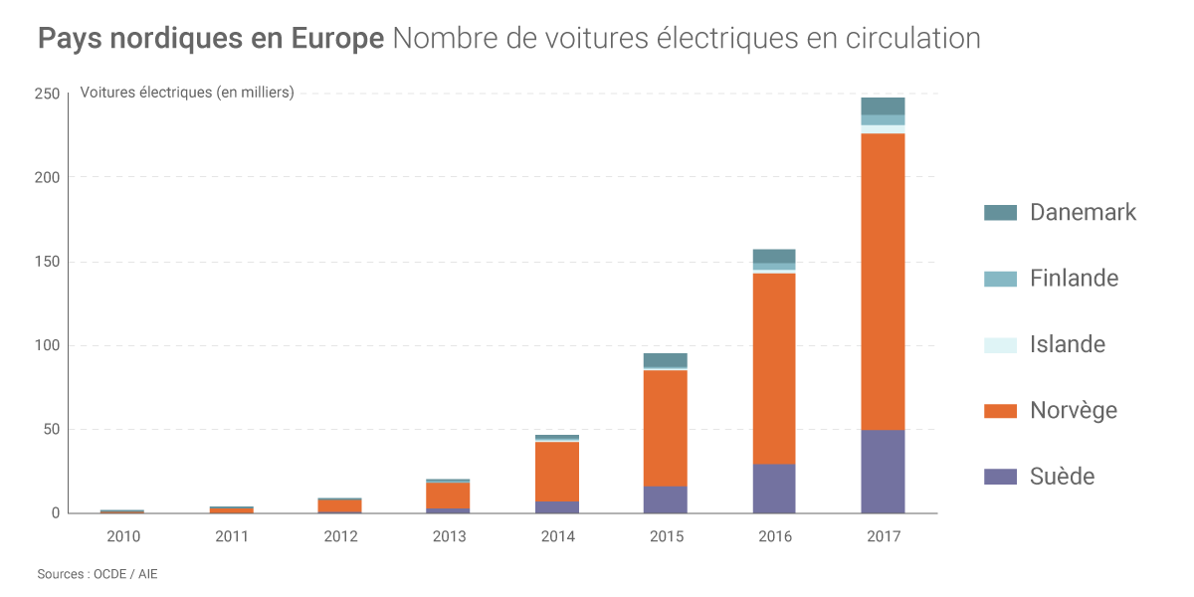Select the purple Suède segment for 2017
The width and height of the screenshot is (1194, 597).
tap(883, 472)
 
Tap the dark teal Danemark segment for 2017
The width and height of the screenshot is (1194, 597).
tap(883, 105)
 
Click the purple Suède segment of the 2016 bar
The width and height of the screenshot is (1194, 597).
tap(774, 489)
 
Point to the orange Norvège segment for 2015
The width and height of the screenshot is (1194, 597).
tap(665, 428)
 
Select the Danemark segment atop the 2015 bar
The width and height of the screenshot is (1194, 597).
tap(665, 359)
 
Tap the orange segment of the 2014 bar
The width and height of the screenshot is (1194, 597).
tap(556, 471)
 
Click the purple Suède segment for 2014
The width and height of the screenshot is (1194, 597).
tap(556, 506)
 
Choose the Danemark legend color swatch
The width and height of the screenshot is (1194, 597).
tap(1000, 212)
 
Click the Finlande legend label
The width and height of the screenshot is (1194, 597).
tap(1074, 279)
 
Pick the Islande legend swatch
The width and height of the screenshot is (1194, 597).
tap(1000, 344)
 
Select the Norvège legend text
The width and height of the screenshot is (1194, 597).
tap(1073, 410)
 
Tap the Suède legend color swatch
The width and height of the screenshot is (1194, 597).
tap(1000, 477)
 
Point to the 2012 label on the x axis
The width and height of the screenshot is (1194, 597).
tap(340, 536)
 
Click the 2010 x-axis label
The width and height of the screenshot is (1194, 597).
tap(122, 536)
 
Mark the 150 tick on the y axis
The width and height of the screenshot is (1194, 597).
tap(47, 262)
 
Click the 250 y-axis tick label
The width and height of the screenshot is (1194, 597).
tap(47, 94)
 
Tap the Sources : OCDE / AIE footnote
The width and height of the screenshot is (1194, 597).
tap(98, 574)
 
